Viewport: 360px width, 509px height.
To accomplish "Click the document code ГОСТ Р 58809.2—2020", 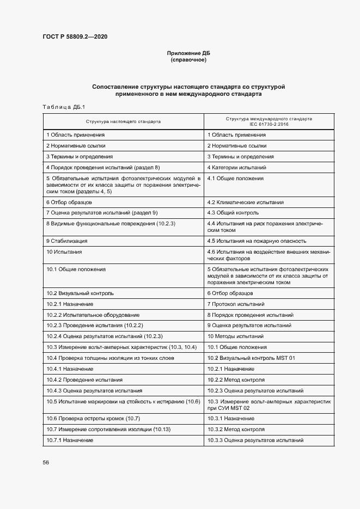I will (x=75, y=36).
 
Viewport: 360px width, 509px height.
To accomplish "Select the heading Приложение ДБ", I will (x=188, y=53).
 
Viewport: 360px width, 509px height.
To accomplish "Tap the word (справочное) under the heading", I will (x=188, y=60).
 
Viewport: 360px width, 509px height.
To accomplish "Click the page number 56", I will (x=46, y=462).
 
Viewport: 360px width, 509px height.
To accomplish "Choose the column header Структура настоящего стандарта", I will (x=123, y=121).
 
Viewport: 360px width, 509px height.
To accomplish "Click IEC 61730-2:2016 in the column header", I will (x=269, y=124).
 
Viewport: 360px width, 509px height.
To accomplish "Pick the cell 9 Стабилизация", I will (x=67, y=241).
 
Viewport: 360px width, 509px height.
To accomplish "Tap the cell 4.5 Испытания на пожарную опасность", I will (x=257, y=241).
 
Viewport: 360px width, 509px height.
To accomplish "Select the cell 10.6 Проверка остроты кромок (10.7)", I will (x=94, y=418).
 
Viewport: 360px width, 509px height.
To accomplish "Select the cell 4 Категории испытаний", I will (x=236, y=167).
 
